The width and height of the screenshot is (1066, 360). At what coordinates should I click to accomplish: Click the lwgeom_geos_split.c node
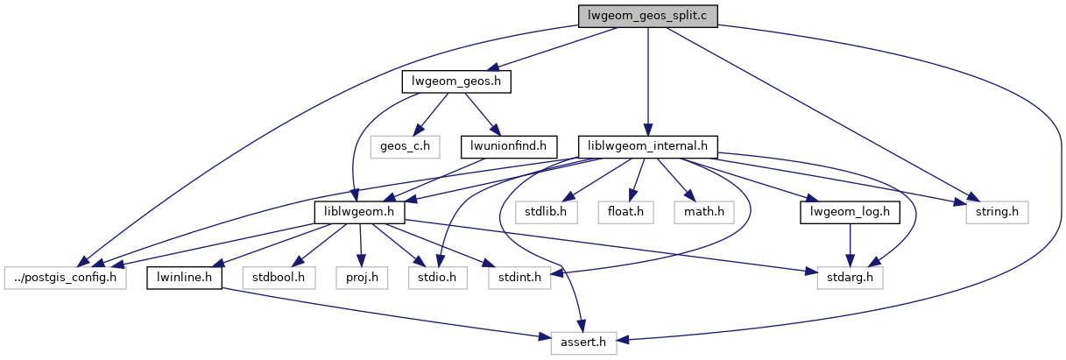(647, 16)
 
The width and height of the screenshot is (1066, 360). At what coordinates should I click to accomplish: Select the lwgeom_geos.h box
(456, 81)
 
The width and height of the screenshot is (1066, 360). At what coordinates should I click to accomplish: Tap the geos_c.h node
(403, 145)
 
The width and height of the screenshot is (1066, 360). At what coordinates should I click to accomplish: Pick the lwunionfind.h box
(509, 145)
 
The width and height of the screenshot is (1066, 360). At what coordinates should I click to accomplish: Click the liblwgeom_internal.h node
(648, 145)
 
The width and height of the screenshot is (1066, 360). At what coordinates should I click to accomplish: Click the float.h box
(625, 211)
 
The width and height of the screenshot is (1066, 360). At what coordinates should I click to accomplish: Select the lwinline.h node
(184, 278)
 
